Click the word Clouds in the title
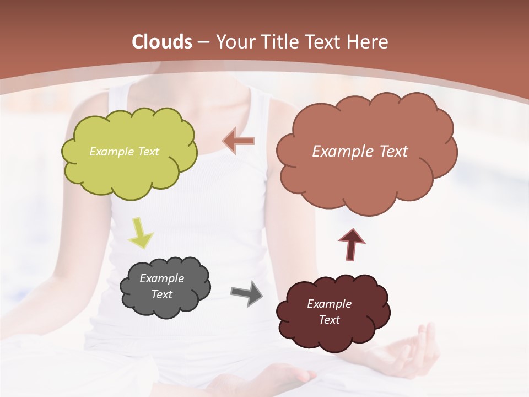162,42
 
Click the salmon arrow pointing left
239,141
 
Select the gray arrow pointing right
247,293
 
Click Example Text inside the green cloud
124,152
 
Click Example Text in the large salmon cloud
360,152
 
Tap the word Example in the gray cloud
161,278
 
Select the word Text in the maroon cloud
329,320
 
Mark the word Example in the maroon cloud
329,304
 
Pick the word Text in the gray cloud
161,294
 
